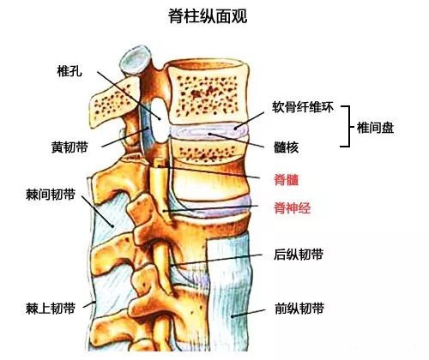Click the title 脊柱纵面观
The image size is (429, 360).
(x=208, y=16)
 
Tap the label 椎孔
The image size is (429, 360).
(x=69, y=70)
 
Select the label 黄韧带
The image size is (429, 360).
(x=69, y=147)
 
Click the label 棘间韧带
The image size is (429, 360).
(x=51, y=195)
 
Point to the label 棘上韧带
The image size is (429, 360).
(x=51, y=309)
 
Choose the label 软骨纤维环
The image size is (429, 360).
(x=303, y=107)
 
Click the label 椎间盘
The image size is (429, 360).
(x=375, y=128)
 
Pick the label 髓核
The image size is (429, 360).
(x=286, y=147)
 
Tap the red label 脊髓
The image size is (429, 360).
(x=287, y=180)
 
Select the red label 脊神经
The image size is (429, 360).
(x=293, y=207)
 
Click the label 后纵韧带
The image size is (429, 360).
(x=299, y=255)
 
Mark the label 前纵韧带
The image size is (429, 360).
(x=299, y=309)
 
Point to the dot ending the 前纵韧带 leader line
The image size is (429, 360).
(x=233, y=316)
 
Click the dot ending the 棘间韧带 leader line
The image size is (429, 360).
(x=112, y=226)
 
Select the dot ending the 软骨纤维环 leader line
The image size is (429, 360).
(x=235, y=128)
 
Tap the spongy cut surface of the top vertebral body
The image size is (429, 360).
(x=207, y=95)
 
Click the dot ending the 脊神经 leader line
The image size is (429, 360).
(x=165, y=211)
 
